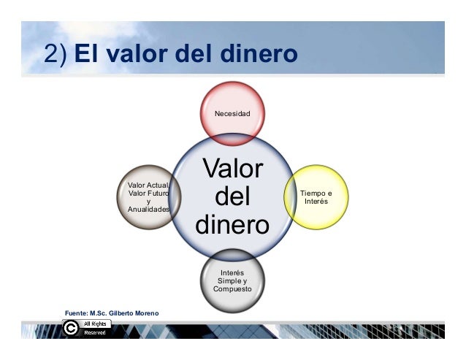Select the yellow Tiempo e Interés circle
pyautogui.click(x=316, y=196)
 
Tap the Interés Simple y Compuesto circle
pyautogui.click(x=232, y=280)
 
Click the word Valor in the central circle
pyautogui.click(x=232, y=169)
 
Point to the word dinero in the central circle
pyautogui.click(x=232, y=223)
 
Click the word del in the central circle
pyautogui.click(x=232, y=196)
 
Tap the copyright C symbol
pyautogui.click(x=71, y=329)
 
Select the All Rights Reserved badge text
pyautogui.click(x=95, y=328)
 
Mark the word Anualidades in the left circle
pyautogui.click(x=148, y=209)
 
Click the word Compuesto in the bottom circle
pyautogui.click(x=232, y=289)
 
